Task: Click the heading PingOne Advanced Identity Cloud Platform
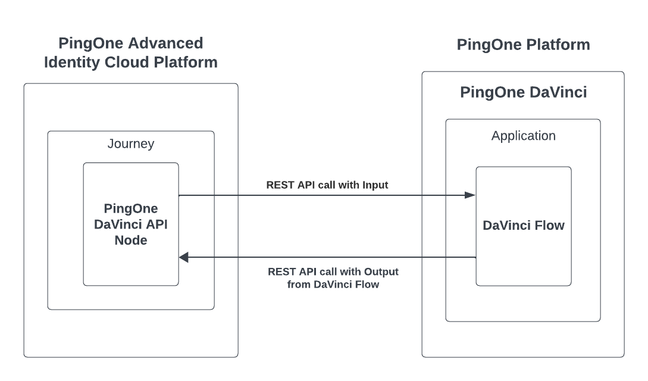pyautogui.click(x=130, y=52)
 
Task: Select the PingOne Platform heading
pyautogui.click(x=523, y=45)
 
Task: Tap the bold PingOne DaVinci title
pyautogui.click(x=523, y=93)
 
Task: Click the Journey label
pyautogui.click(x=130, y=143)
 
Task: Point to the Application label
pyautogui.click(x=523, y=136)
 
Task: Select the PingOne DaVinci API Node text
pyautogui.click(x=130, y=225)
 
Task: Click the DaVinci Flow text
pyautogui.click(x=523, y=226)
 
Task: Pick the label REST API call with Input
pyautogui.click(x=327, y=185)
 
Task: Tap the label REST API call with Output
pyautogui.click(x=333, y=271)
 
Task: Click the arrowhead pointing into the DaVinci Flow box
pyautogui.click(x=470, y=195)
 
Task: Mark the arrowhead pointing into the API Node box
pyautogui.click(x=184, y=257)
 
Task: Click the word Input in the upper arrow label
pyautogui.click(x=375, y=185)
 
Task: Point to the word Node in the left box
pyautogui.click(x=130, y=241)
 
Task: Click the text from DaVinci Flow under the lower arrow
pyautogui.click(x=333, y=285)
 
